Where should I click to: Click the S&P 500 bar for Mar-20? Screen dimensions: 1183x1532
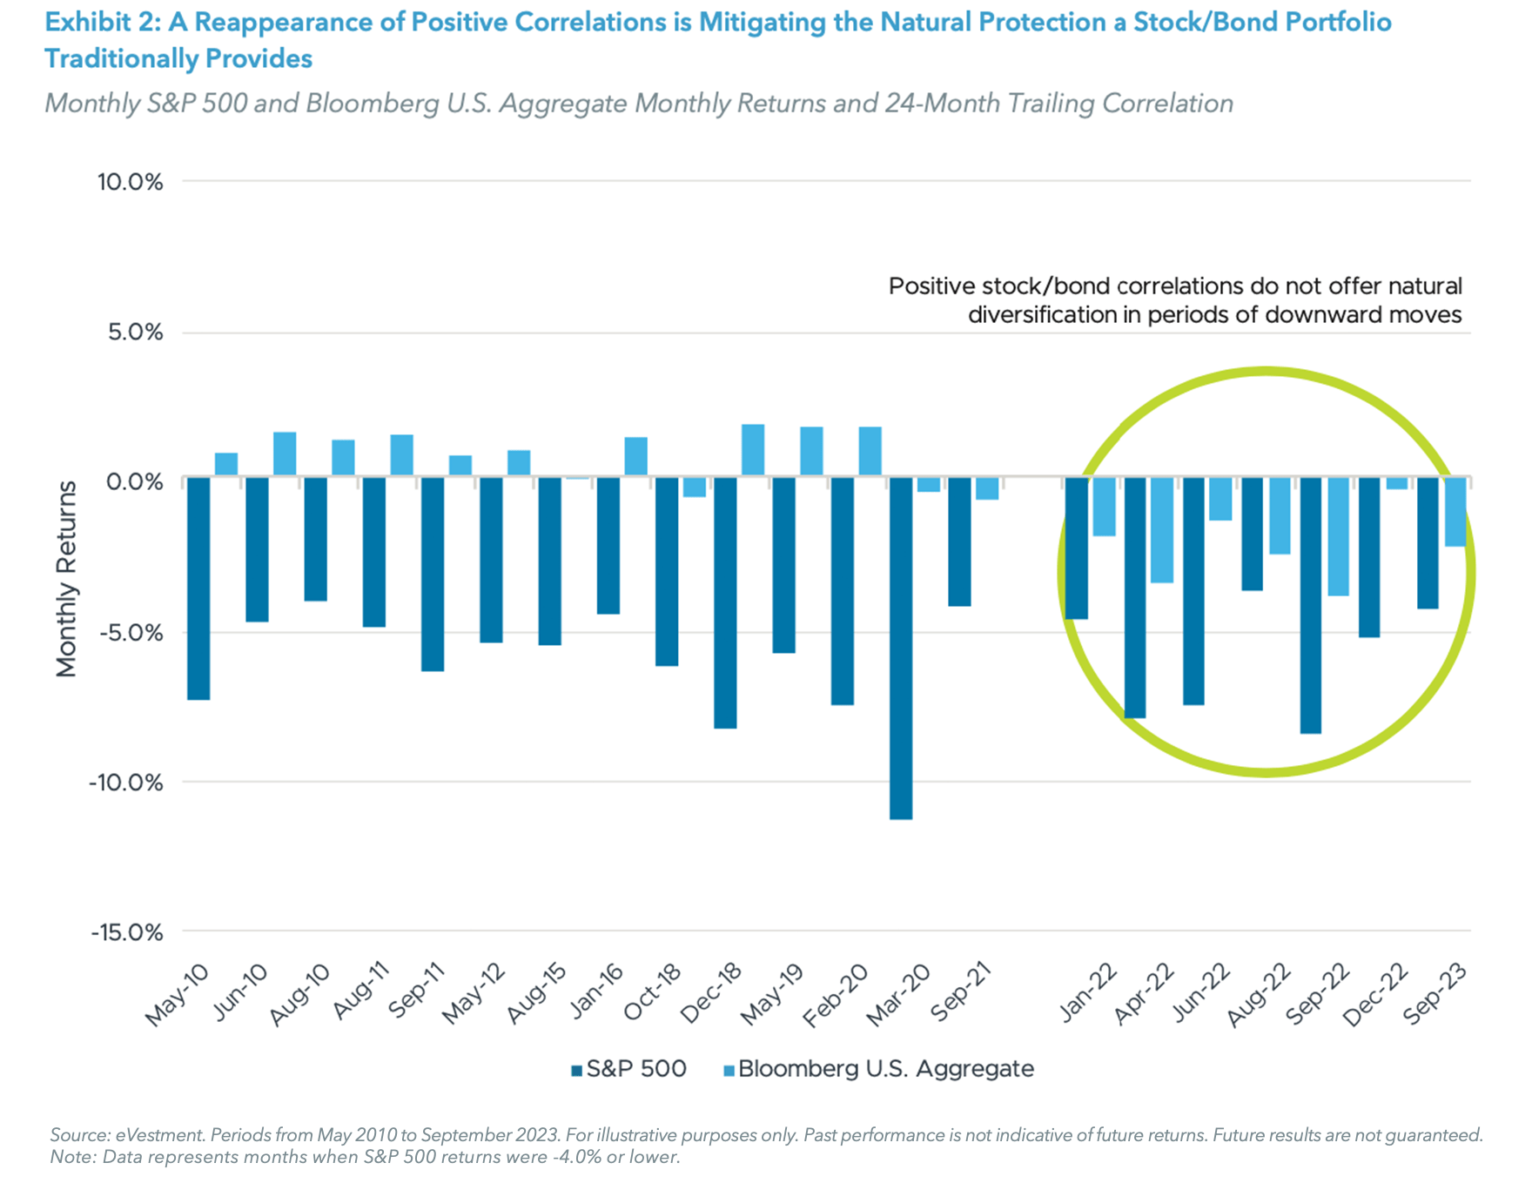(x=901, y=648)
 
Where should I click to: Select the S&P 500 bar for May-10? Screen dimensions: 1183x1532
(x=198, y=588)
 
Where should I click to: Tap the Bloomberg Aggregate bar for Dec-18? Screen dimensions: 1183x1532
(x=753, y=450)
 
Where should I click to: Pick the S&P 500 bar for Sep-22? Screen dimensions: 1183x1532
(x=1310, y=605)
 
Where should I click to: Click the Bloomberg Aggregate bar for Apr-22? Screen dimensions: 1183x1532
(x=1162, y=529)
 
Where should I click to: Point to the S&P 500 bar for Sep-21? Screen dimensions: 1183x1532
(x=959, y=541)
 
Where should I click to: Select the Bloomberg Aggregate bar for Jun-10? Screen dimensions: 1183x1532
(x=285, y=454)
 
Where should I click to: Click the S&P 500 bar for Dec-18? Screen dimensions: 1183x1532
(x=725, y=602)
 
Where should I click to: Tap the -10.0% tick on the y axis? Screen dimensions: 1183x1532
(x=126, y=783)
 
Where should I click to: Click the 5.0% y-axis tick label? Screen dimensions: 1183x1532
(x=135, y=333)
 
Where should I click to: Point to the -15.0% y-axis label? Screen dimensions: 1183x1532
(x=126, y=932)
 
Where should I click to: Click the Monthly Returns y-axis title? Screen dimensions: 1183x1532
(x=66, y=579)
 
